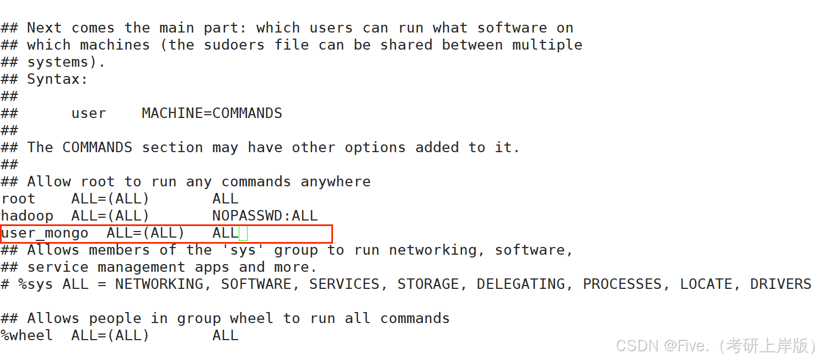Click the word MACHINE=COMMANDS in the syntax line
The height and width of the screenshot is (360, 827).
point(212,114)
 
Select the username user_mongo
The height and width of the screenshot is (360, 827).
point(45,233)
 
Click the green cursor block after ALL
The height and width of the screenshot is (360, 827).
point(243,233)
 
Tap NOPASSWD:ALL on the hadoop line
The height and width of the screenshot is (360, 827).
point(265,216)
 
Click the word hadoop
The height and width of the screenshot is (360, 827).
point(27,216)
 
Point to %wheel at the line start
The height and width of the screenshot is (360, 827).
point(27,335)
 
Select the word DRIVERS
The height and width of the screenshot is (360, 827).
point(781,284)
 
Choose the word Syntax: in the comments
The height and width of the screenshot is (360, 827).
point(57,79)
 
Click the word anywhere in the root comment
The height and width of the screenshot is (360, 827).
point(336,182)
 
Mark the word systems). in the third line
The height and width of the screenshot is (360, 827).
point(66,62)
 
